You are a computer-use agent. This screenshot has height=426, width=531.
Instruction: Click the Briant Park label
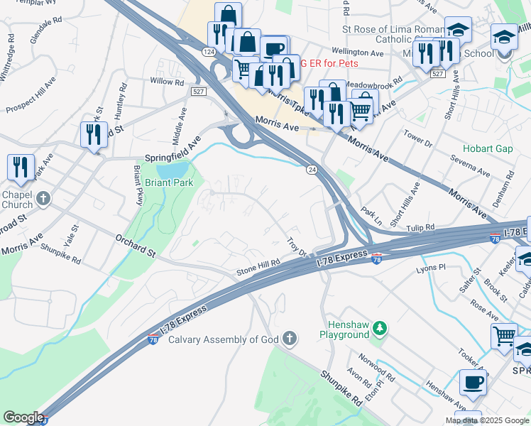click(x=169, y=182)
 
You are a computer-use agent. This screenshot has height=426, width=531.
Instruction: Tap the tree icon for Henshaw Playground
click(x=381, y=328)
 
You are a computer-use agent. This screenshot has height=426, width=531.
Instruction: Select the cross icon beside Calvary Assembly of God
click(x=289, y=339)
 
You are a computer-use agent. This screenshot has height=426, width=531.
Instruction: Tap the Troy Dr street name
click(x=296, y=248)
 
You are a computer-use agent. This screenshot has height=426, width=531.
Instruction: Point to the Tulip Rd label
click(x=421, y=228)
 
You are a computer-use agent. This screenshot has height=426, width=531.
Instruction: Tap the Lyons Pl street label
click(x=431, y=268)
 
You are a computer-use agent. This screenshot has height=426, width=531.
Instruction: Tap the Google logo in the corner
click(x=23, y=417)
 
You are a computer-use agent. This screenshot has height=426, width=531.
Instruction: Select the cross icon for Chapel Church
click(x=43, y=198)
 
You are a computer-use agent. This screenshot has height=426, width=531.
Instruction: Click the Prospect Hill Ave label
click(x=30, y=99)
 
